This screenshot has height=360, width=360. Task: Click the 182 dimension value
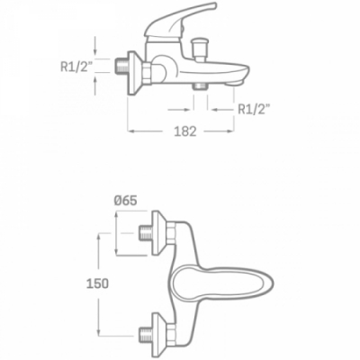coord(185,131)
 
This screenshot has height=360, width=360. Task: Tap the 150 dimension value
coord(97,283)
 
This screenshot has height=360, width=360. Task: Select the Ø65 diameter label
coord(126,201)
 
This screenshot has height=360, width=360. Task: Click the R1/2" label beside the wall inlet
coord(76,67)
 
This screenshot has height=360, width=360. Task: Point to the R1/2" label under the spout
coord(253,110)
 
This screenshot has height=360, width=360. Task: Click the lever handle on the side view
coord(181,22)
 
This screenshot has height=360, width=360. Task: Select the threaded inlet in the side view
coord(122,66)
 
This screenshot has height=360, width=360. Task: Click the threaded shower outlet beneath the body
coord(201,86)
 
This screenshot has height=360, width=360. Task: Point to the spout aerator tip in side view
coord(236,82)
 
